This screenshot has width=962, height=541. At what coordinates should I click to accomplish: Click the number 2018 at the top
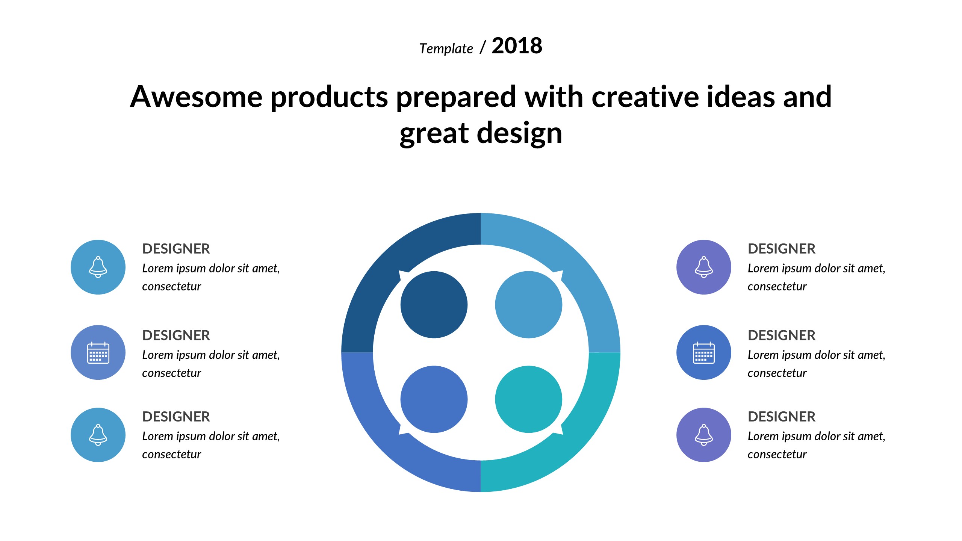tap(517, 46)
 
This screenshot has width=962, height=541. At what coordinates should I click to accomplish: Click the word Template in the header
tap(446, 49)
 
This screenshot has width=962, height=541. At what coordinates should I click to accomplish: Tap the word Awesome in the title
tap(196, 97)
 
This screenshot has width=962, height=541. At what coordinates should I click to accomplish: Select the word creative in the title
tap(645, 97)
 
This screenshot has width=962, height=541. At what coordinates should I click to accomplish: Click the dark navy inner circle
tap(434, 305)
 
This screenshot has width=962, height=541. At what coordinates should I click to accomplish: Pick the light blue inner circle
tap(529, 305)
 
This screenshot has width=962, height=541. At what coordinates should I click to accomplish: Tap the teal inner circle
tap(529, 399)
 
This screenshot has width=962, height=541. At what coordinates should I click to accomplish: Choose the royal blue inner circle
tap(434, 399)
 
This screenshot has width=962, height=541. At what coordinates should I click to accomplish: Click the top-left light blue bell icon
tap(98, 267)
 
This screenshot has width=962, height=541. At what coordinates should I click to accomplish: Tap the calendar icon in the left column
tap(98, 352)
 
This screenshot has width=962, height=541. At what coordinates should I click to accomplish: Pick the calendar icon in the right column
tap(704, 352)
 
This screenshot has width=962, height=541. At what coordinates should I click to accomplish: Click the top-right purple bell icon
tap(704, 267)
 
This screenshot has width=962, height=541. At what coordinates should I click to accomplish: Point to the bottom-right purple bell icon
tap(704, 435)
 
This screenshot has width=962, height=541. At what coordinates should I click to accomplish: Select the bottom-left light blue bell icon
tap(98, 435)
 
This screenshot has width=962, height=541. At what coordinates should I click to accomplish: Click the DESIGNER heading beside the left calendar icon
tap(176, 335)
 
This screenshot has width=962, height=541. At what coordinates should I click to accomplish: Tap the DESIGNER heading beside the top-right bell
tap(782, 249)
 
